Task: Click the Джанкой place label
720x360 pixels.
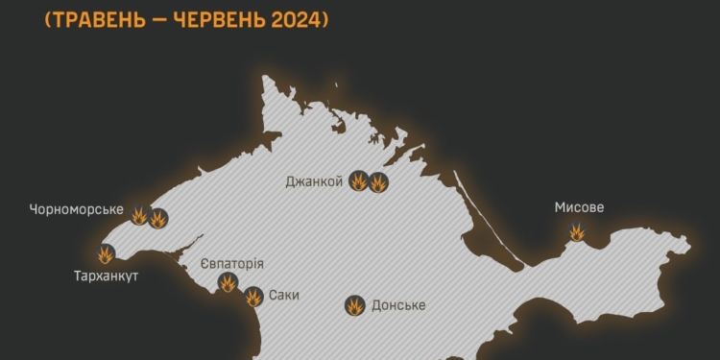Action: coord(314,181)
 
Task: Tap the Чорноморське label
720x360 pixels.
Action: coord(76,209)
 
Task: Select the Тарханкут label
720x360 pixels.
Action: coord(107,276)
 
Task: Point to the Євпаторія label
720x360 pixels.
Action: coord(231,264)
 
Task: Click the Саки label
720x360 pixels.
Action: coord(284,296)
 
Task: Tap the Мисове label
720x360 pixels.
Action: coord(579,207)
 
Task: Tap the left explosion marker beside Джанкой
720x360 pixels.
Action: coord(358,180)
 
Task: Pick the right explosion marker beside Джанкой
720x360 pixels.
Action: coord(378,181)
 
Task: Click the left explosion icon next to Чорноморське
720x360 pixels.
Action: coord(140,216)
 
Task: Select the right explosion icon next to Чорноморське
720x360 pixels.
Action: coord(158,219)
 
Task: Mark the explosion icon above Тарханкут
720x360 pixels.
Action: coord(106,254)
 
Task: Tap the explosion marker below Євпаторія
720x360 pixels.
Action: coord(228,282)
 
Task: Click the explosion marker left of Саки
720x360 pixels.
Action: coord(253,297)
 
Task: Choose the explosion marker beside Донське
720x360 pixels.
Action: coord(355,306)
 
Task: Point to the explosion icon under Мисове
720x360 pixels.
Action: coord(577,231)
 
